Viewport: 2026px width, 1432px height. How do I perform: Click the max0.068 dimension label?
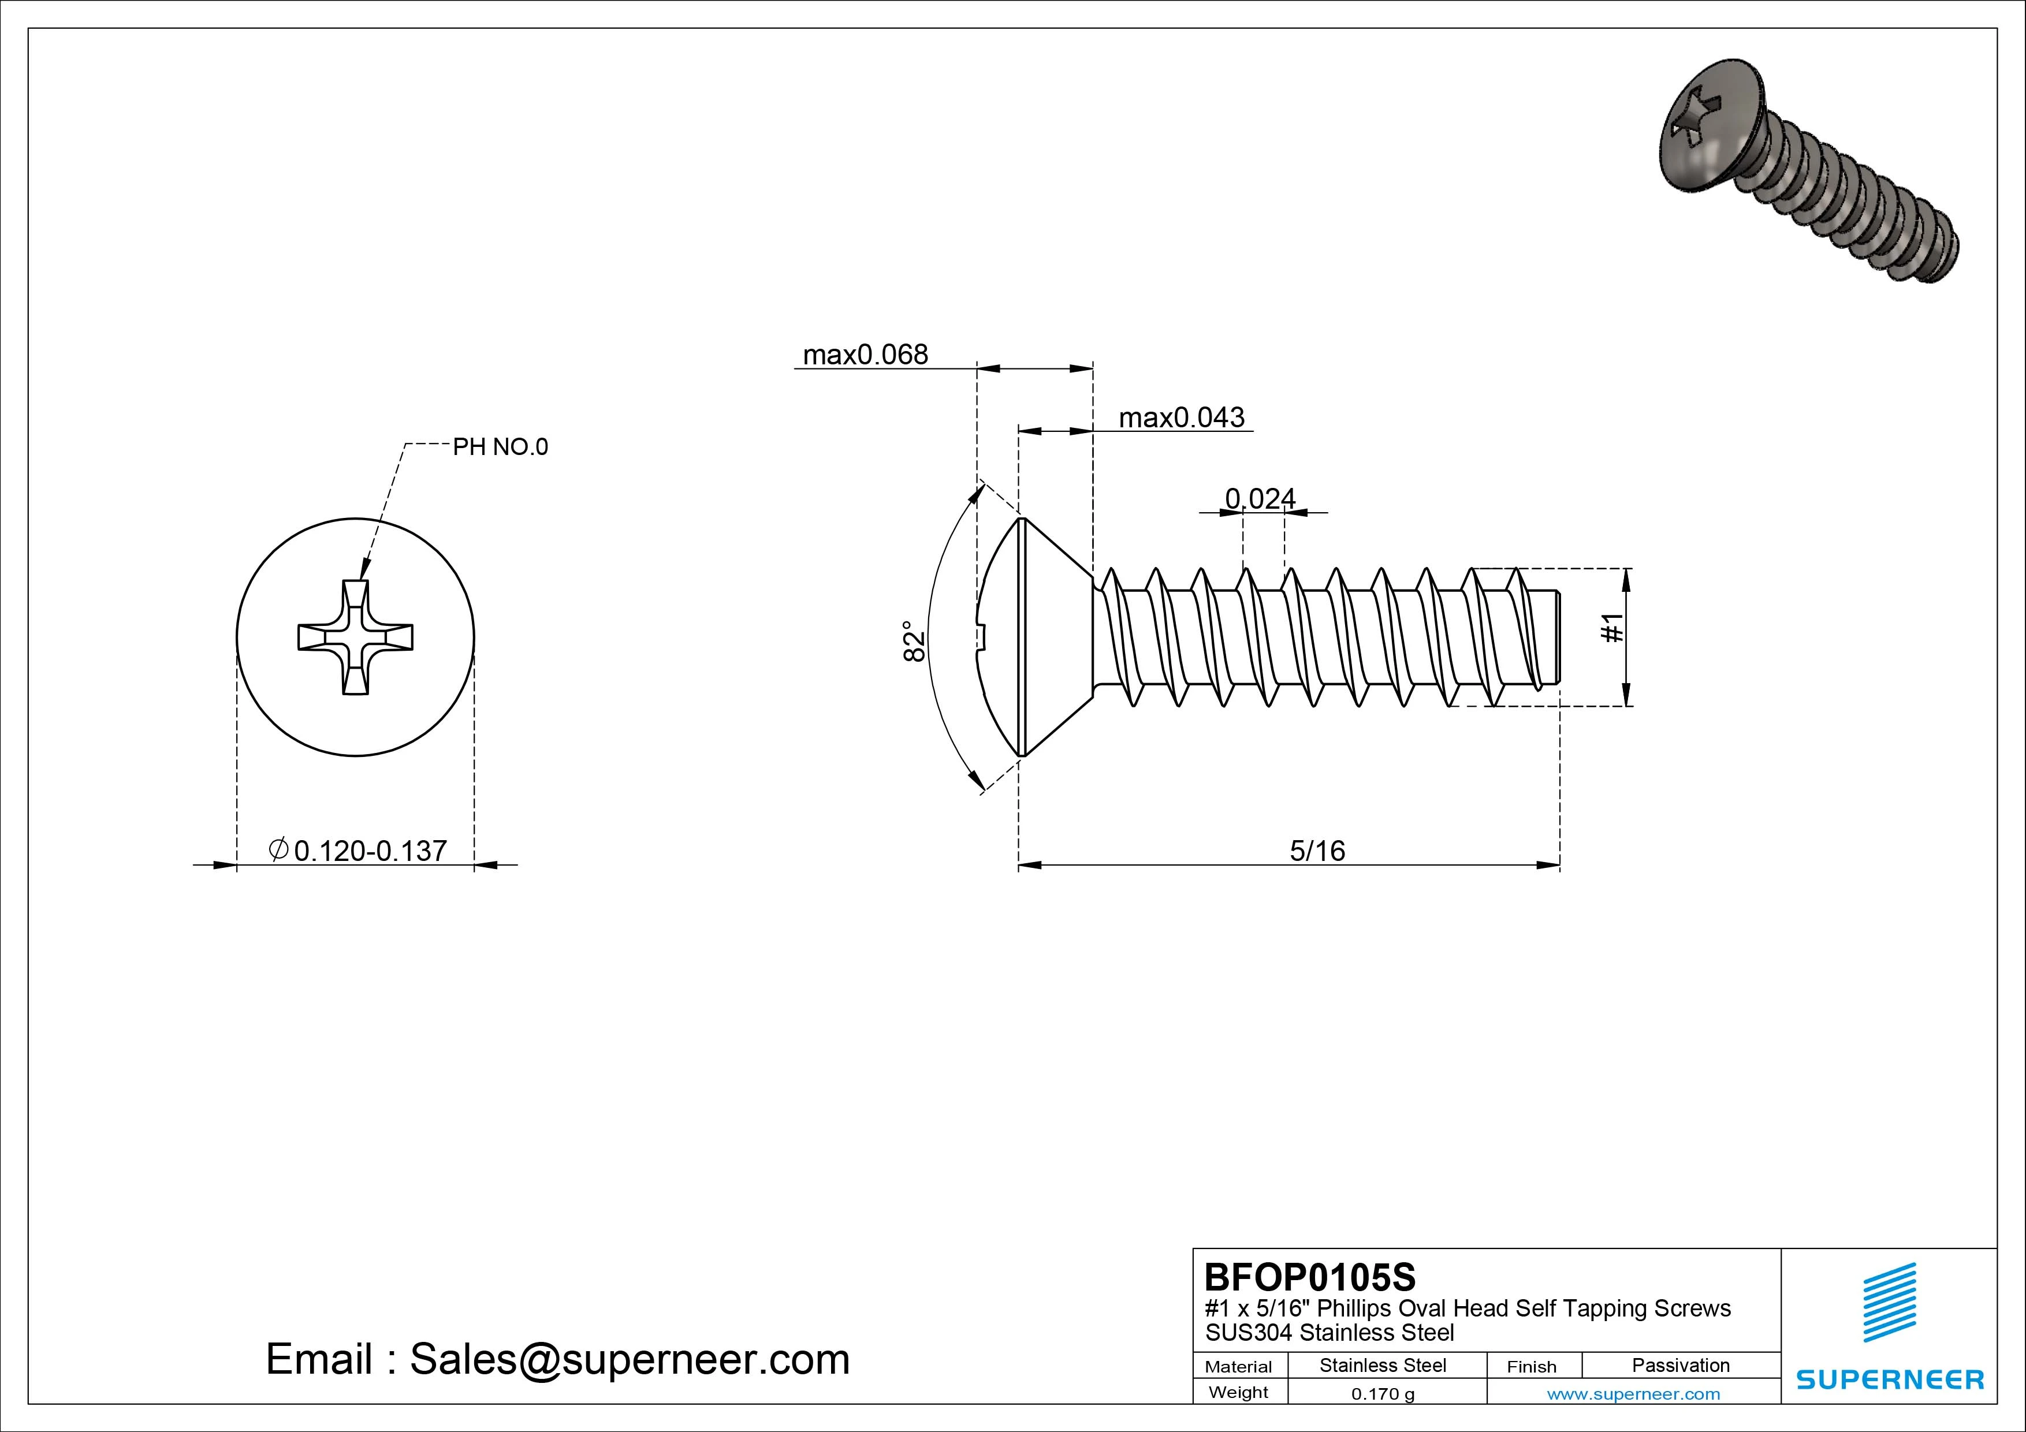click(x=865, y=354)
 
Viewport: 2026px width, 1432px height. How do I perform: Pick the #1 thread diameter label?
click(x=1611, y=628)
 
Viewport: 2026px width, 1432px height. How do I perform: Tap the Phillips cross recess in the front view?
click(x=355, y=637)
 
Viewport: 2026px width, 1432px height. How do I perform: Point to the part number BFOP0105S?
click(x=1309, y=1277)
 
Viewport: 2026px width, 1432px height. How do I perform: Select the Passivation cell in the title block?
click(x=1680, y=1365)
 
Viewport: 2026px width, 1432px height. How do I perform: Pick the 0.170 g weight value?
click(x=1383, y=1394)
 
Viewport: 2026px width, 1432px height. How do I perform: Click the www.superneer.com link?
click(x=1633, y=1394)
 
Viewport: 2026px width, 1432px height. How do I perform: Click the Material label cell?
click(x=1238, y=1367)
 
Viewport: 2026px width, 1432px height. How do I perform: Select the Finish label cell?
click(x=1531, y=1367)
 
